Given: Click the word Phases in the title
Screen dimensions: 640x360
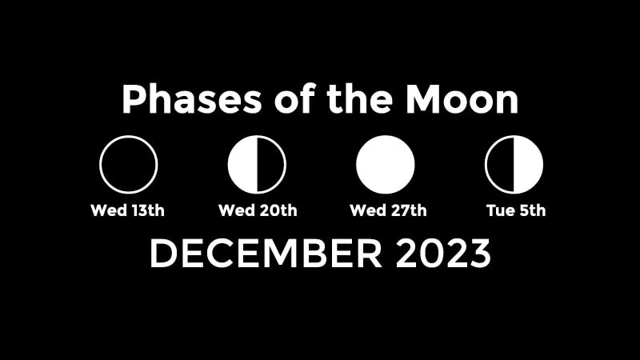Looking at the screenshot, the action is coord(191,100).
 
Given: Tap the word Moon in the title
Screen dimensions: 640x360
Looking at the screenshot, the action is coord(462,98).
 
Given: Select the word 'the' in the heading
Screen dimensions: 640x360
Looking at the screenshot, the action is coord(359,98).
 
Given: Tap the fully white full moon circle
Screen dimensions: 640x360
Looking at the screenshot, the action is coord(386,165).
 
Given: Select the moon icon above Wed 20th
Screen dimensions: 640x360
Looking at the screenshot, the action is coord(257,165).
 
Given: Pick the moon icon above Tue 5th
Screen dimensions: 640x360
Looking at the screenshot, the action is coord(514,165).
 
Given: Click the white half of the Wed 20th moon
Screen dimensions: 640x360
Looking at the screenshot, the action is coord(242,165).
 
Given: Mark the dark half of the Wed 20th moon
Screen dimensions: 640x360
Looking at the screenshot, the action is coord(271,165).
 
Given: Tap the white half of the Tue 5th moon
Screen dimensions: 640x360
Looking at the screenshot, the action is coord(529,165).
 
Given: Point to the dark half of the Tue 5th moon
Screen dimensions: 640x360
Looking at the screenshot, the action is coord(500,165).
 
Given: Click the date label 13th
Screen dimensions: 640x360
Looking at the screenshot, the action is coord(148,210).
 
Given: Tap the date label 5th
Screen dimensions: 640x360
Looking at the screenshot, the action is coord(532,210).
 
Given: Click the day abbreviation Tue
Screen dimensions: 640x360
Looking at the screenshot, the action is coord(501,210).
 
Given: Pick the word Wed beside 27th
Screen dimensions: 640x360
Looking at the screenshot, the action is coord(368,210).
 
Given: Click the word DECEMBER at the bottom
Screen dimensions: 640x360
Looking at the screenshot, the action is coord(266,254).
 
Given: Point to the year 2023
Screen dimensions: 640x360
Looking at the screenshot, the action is coord(443,254).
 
